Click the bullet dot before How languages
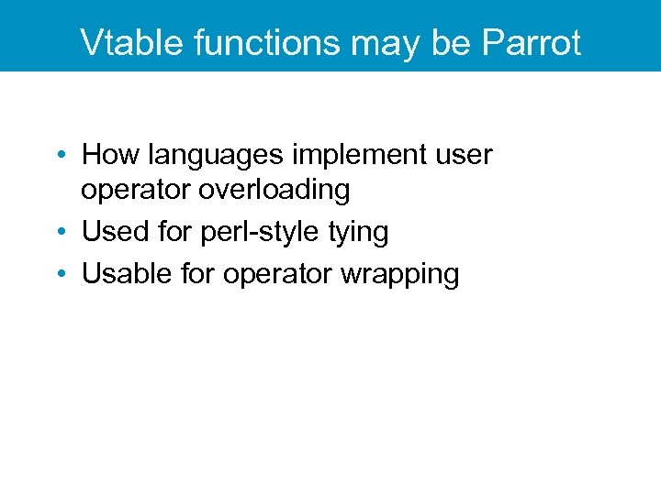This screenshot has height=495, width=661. [x=60, y=156]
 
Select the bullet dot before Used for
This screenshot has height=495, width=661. [x=60, y=233]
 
